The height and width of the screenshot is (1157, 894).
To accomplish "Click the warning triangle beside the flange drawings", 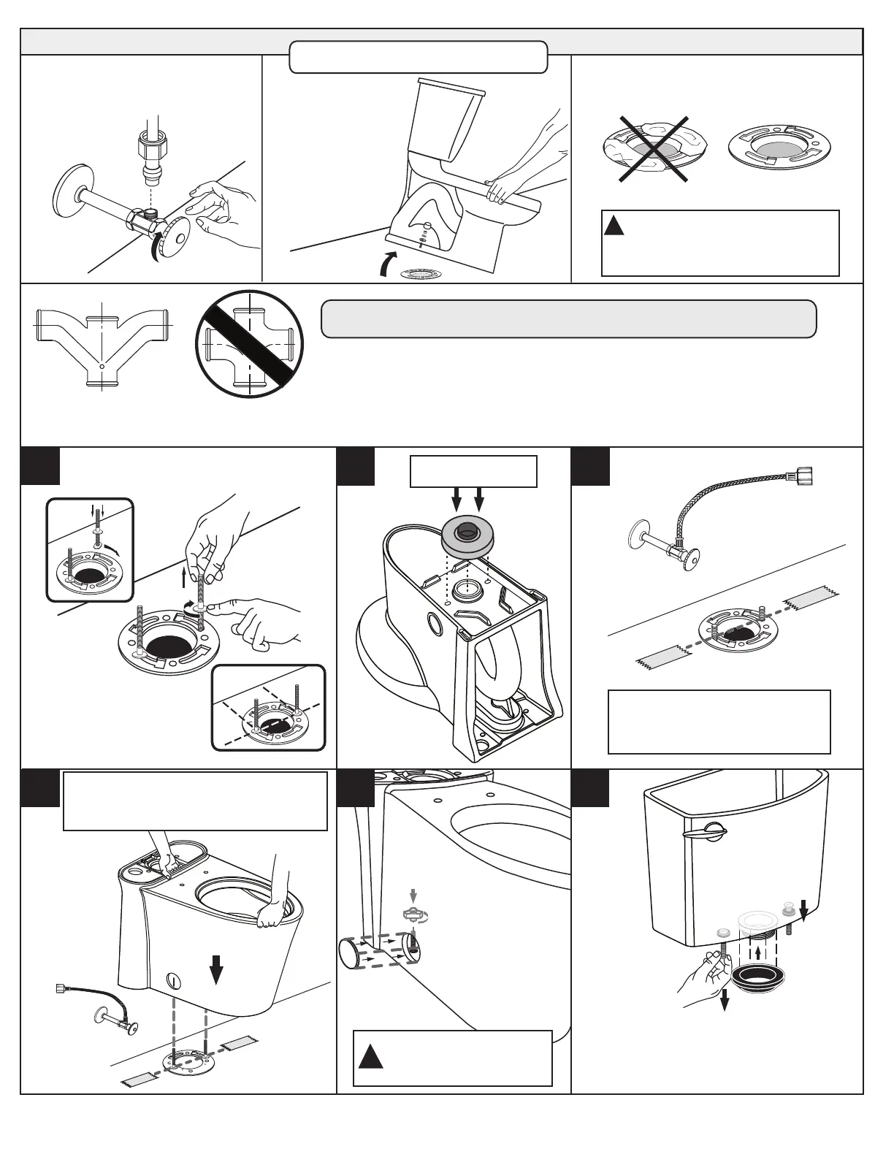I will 614,225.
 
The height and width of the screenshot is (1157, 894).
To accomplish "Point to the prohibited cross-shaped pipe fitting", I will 250,344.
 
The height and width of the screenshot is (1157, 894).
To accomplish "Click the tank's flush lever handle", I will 705,830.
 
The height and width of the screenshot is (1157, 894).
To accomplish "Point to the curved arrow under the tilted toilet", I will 387,263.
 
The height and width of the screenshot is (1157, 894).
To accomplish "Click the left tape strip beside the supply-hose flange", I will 663,657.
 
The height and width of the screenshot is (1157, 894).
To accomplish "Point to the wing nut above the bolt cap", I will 413,914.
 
